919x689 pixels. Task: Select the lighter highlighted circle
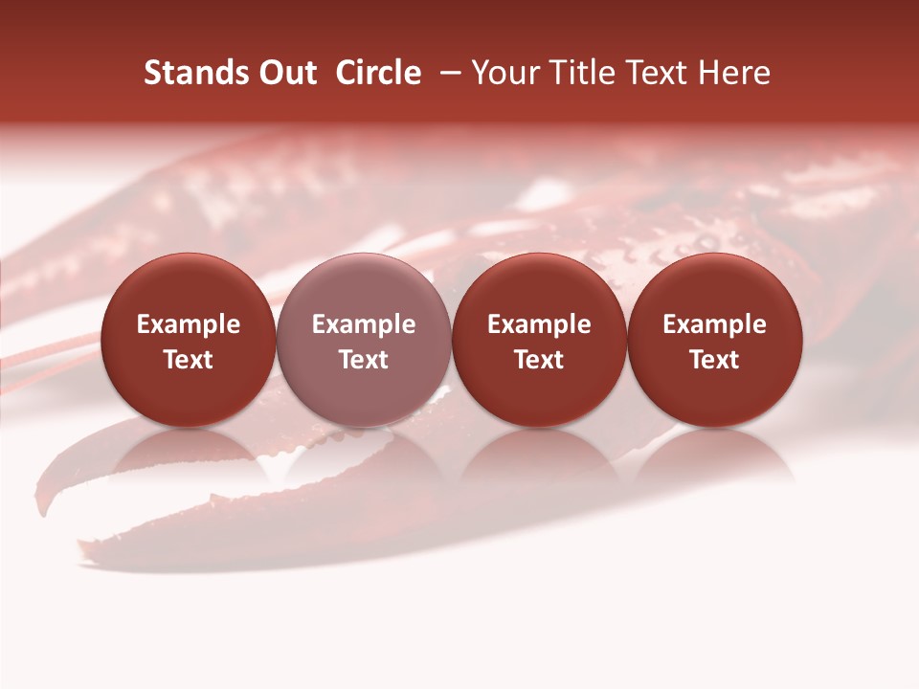(x=364, y=340)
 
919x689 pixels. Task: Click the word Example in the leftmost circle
(x=189, y=324)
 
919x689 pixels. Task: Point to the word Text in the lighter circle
(x=364, y=360)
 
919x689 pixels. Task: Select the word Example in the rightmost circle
(x=714, y=324)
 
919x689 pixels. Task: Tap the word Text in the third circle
(x=539, y=360)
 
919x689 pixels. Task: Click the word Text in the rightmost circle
(x=714, y=360)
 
